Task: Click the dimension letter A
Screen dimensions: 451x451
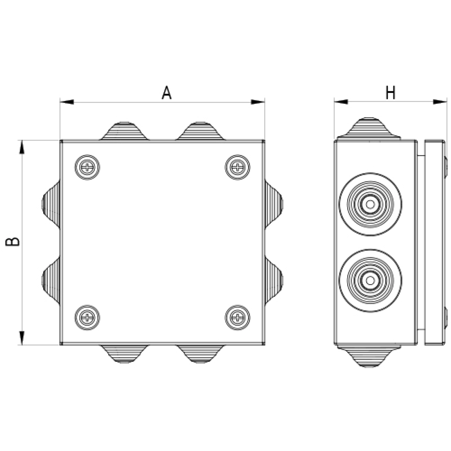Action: (x=166, y=93)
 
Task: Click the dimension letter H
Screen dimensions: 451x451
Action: (x=390, y=93)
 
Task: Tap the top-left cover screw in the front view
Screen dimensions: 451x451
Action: (x=87, y=167)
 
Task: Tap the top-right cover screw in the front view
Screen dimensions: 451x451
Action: (x=238, y=167)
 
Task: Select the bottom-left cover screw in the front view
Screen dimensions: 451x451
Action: (x=87, y=318)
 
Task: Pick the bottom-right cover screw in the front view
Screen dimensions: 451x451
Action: (x=238, y=318)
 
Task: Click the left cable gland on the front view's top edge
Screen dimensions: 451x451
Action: (x=124, y=131)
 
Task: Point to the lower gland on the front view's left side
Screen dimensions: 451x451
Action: (x=51, y=280)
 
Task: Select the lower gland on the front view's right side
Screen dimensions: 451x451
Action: (x=274, y=280)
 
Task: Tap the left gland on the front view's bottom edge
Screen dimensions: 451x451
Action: (x=124, y=354)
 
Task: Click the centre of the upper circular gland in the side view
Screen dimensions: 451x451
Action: (x=370, y=204)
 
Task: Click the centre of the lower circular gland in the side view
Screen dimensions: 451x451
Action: (x=370, y=280)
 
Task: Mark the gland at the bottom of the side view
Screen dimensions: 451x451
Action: (x=368, y=356)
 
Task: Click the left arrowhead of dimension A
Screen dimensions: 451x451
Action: (x=67, y=102)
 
